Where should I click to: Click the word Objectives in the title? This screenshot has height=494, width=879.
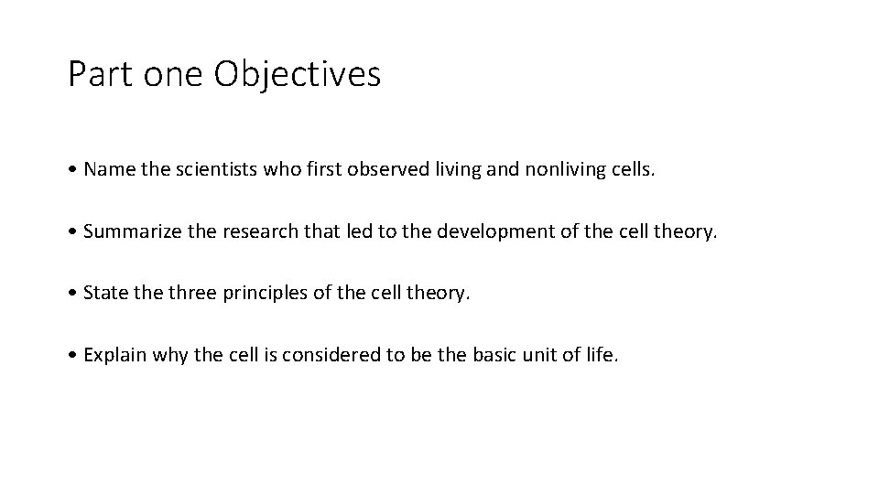pos(298,74)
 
